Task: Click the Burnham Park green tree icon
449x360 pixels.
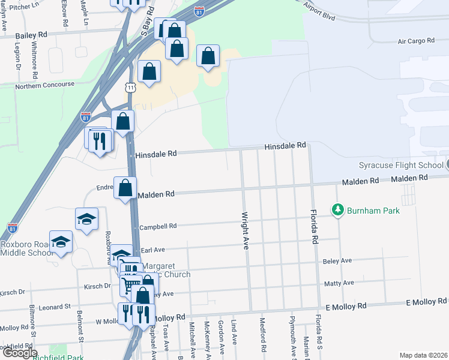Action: pos(338,210)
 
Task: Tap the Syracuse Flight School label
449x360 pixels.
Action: pos(400,165)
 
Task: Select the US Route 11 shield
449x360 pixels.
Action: pos(131,88)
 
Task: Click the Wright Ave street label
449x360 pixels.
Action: pos(245,230)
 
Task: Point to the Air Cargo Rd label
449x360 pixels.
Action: pos(416,41)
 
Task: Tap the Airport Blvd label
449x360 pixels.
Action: pos(319,10)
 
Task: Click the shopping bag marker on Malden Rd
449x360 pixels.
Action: pos(125,188)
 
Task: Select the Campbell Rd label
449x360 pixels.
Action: pos(158,227)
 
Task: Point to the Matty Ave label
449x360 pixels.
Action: pos(339,283)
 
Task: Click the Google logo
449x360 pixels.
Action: pos(19,353)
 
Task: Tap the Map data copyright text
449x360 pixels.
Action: pos(423,355)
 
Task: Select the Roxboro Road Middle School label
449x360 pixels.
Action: pos(27,248)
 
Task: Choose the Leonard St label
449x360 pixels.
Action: pos(56,307)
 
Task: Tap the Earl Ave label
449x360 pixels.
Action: pos(152,249)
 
